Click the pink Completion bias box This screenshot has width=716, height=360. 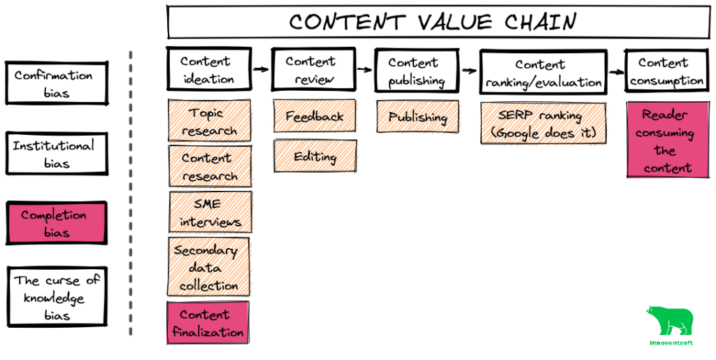point(57,223)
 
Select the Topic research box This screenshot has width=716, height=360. point(210,121)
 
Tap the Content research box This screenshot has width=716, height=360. point(210,166)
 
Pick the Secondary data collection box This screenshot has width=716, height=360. point(209,267)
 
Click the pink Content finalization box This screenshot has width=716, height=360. point(208,322)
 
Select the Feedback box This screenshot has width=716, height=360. point(315,116)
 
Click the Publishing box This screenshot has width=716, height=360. point(418,117)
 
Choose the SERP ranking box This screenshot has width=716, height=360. point(543,123)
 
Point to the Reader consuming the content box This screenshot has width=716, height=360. point(667,140)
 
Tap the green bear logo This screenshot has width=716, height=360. point(670,320)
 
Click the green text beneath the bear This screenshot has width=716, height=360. point(671,343)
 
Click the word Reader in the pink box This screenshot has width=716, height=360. point(665,115)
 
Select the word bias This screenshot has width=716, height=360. point(57,232)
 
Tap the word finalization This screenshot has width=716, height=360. point(208,331)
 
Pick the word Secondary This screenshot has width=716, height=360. point(206,250)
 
